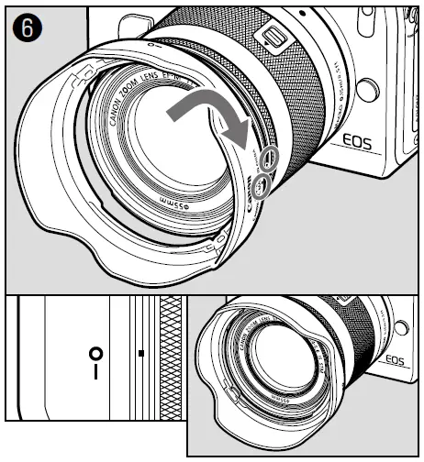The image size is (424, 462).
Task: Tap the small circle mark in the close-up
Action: tap(94, 354)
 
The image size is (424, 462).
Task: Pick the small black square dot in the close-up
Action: tap(139, 352)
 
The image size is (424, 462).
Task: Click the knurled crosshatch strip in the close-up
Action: tap(171, 357)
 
